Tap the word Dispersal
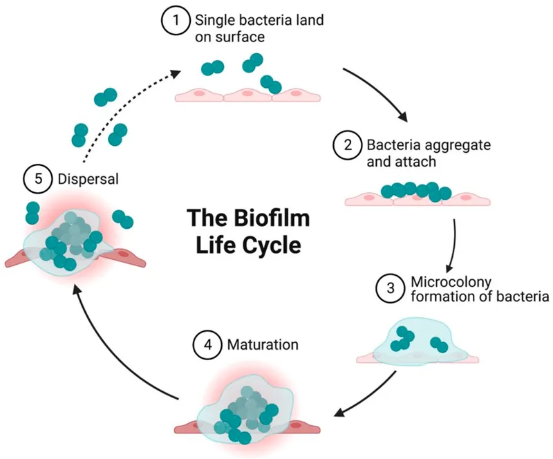tap(84, 178)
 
